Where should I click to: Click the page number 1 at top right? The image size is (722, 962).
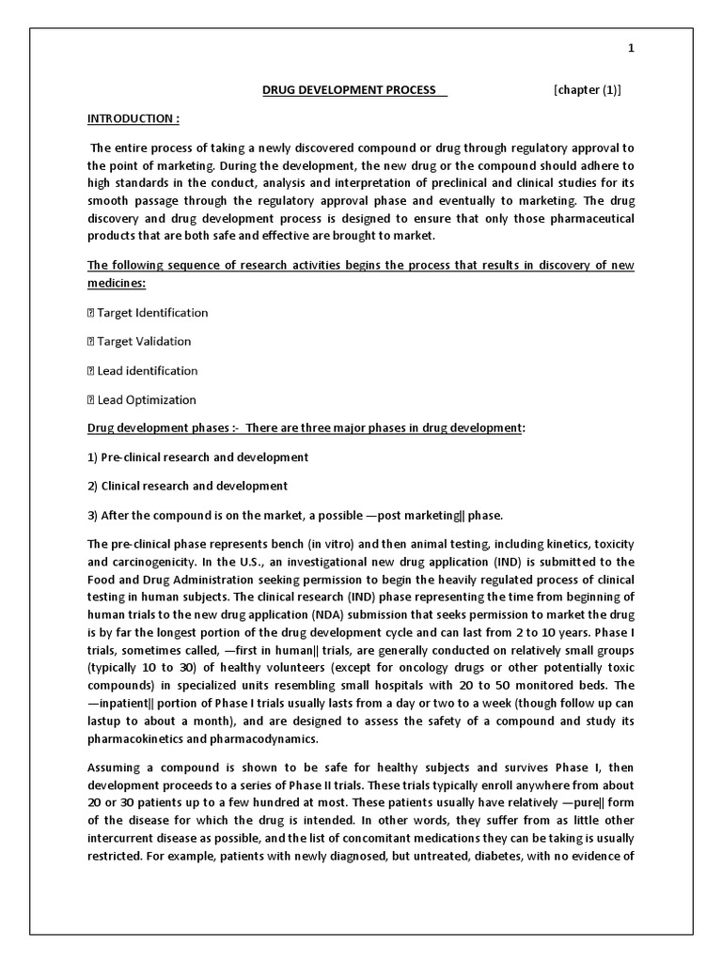tap(632, 49)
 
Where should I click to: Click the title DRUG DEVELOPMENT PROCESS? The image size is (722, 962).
tap(348, 90)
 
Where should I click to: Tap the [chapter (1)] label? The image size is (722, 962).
tap(588, 90)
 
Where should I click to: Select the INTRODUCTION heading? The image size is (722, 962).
tap(133, 119)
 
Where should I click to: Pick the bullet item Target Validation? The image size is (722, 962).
tap(144, 342)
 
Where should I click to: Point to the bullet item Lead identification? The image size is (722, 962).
tap(148, 371)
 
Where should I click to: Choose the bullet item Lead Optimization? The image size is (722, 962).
tap(147, 400)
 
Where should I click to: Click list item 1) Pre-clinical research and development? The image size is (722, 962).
tap(198, 458)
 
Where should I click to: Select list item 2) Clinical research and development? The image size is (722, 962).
tap(188, 487)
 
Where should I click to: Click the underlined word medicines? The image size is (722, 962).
tap(117, 284)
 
